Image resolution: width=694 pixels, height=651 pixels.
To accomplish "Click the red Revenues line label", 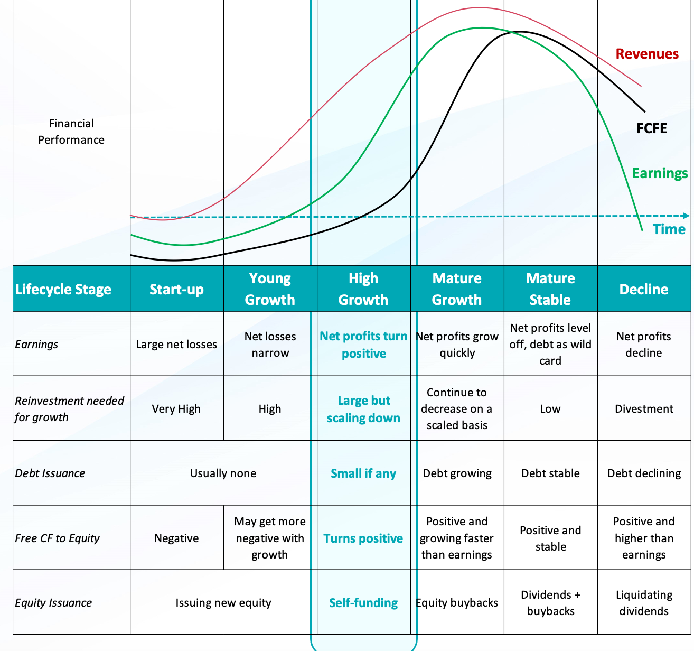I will point(647,54).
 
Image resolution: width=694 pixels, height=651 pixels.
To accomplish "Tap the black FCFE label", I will point(652,128).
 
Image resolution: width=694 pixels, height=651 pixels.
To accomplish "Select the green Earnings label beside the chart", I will point(660,173).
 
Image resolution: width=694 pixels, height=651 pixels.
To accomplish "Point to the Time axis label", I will point(669,229).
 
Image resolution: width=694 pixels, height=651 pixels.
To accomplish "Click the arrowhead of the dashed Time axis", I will point(686,216).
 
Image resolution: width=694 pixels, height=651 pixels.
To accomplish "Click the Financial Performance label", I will point(71,132).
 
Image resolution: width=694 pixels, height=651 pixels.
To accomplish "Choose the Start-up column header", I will point(176,289).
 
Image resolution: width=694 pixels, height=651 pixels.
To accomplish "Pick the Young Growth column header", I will point(270,289).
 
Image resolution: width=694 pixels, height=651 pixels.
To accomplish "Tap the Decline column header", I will point(643,289).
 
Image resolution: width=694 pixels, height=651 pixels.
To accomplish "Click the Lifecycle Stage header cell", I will point(63,289).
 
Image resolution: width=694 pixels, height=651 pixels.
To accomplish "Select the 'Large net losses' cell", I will point(176,345).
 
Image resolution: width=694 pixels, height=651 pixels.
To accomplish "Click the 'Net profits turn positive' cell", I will point(363,345).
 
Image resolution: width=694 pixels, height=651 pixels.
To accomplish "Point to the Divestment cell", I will point(644,409).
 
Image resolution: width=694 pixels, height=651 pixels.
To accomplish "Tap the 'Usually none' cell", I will point(223,473).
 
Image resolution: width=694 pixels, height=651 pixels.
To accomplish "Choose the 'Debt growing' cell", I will point(457,473).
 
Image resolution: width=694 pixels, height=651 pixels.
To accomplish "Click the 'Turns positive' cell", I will point(363,538).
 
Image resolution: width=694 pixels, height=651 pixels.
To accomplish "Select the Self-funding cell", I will point(363,603).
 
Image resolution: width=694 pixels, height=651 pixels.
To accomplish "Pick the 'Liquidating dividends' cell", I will point(644,603).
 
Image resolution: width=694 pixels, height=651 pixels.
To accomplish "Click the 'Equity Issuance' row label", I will point(53,603).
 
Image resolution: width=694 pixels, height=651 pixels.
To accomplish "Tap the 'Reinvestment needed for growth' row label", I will point(69,409).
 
